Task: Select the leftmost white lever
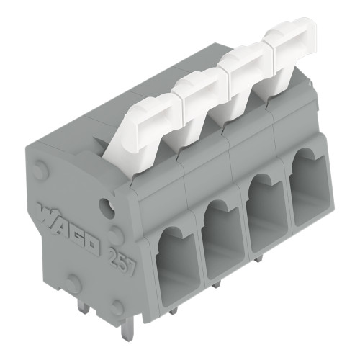[141, 126]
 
